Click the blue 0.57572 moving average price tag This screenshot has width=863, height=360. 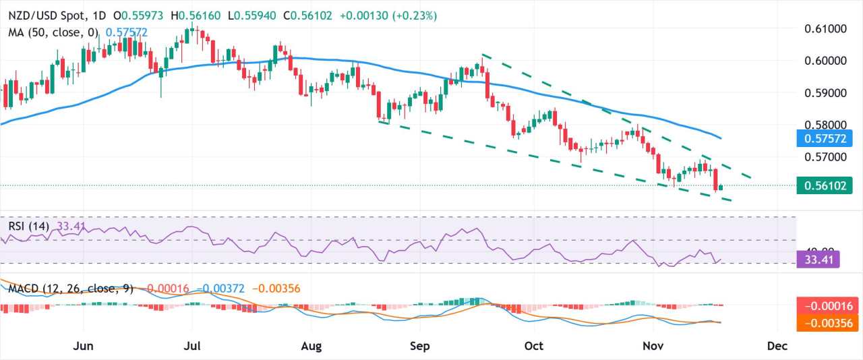point(827,139)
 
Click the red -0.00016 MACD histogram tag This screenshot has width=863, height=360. point(827,305)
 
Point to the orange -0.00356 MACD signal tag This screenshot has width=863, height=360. point(827,323)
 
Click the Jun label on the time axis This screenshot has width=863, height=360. point(83,346)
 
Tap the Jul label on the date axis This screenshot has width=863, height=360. point(193,346)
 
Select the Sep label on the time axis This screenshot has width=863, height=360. point(419,346)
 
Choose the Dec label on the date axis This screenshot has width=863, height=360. point(777,346)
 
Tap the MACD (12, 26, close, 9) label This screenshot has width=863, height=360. point(71,289)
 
